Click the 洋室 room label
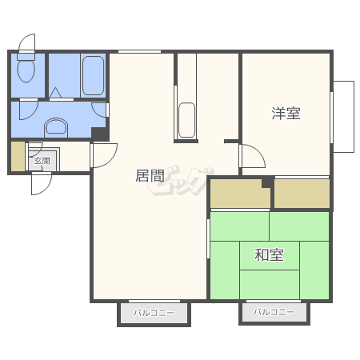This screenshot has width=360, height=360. [x=286, y=114]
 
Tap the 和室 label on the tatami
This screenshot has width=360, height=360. [x=269, y=254]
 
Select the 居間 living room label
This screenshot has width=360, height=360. [x=150, y=176]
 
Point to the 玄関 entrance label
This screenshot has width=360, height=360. [x=42, y=161]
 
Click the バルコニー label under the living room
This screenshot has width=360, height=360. [x=154, y=313]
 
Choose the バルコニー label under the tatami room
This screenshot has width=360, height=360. [x=274, y=312]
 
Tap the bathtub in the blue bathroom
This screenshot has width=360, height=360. [x=93, y=75]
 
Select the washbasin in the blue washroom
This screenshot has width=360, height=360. [x=56, y=127]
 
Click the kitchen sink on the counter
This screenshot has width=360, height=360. [x=186, y=120]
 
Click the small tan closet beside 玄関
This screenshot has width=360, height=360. [x=18, y=156]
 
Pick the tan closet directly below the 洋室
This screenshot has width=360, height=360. [x=302, y=194]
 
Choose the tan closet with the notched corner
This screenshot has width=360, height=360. [x=240, y=194]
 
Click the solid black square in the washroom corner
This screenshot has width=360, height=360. [x=100, y=134]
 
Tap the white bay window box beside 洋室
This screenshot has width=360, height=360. [x=344, y=117]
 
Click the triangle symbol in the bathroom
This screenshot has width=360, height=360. [x=55, y=94]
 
